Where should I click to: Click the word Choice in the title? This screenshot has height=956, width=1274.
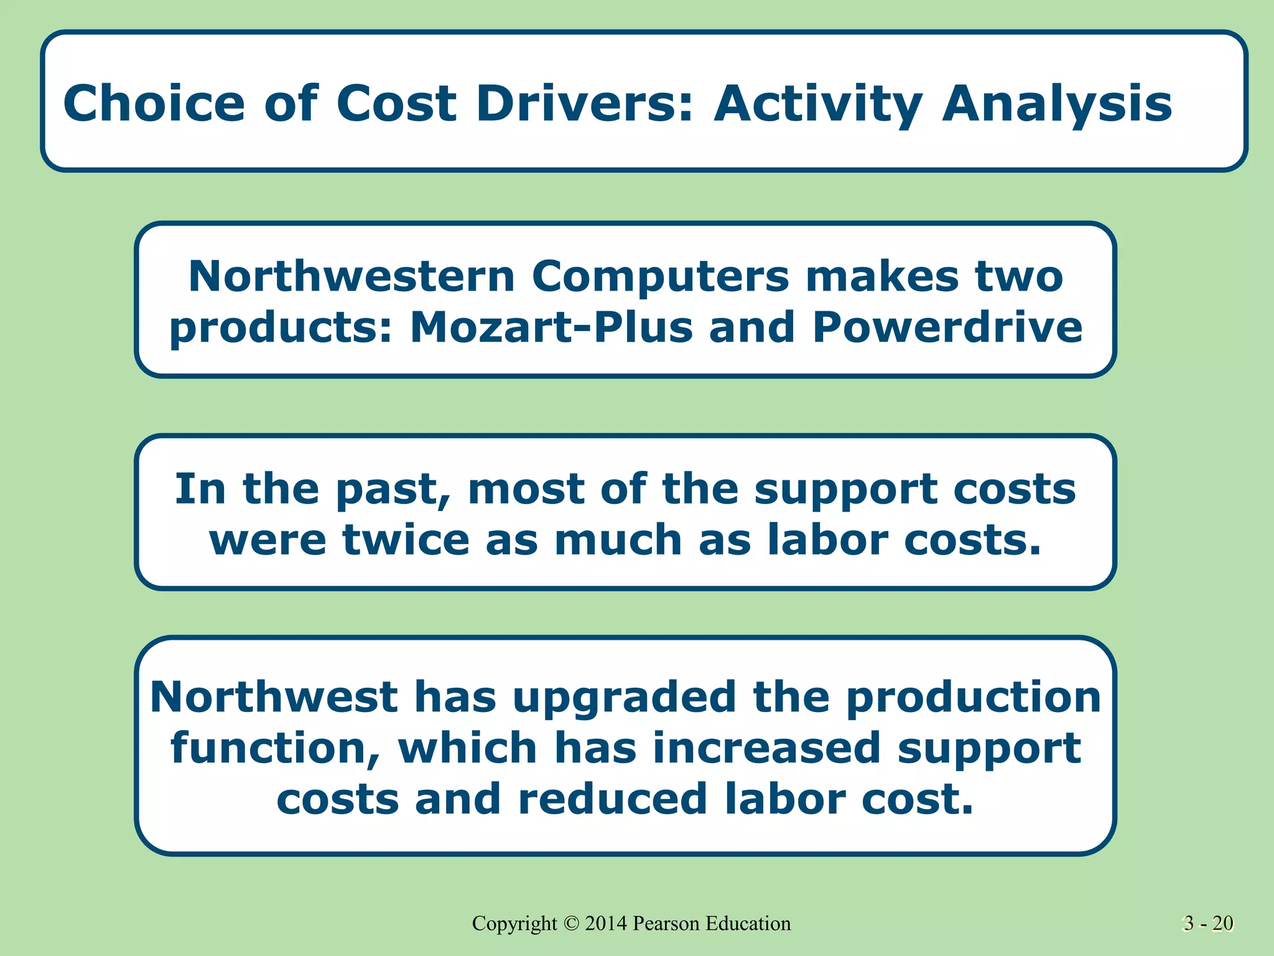click(x=154, y=103)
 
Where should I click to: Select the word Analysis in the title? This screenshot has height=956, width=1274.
click(x=1057, y=103)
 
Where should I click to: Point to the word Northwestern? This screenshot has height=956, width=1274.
click(x=351, y=276)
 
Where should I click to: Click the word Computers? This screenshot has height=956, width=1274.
click(x=660, y=276)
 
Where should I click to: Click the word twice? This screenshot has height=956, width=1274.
click(x=406, y=540)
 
